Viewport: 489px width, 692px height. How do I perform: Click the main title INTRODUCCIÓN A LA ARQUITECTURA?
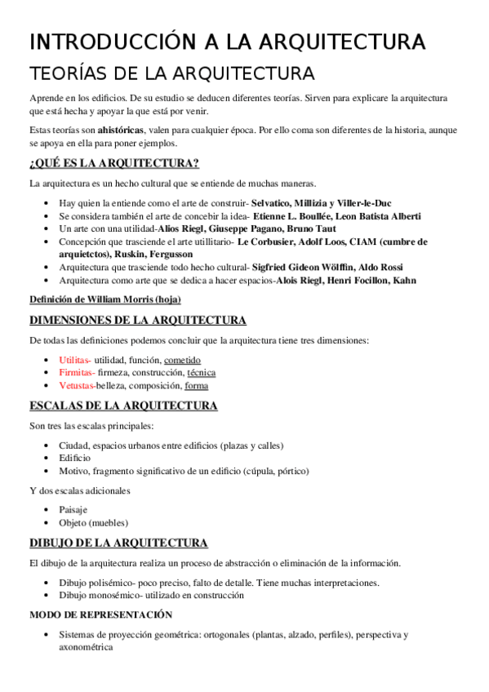click(227, 42)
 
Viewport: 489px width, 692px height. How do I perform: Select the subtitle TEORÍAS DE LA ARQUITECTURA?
click(171, 73)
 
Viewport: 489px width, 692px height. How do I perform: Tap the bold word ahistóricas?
click(121, 130)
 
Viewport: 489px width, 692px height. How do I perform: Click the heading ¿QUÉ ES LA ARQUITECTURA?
click(114, 162)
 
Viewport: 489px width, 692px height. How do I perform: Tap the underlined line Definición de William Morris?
click(104, 299)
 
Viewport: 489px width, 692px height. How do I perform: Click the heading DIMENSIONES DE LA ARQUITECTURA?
click(137, 320)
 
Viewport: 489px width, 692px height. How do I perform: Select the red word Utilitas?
click(74, 360)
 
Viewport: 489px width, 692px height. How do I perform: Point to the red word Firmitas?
click(75, 373)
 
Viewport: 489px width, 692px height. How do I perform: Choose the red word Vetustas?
click(77, 385)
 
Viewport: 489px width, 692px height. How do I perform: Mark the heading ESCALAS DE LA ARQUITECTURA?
click(123, 406)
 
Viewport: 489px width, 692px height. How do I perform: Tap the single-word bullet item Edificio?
click(75, 458)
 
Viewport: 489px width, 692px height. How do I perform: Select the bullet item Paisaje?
click(73, 509)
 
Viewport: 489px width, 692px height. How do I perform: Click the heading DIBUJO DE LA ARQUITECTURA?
click(118, 543)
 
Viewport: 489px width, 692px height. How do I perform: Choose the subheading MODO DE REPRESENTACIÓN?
click(100, 614)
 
